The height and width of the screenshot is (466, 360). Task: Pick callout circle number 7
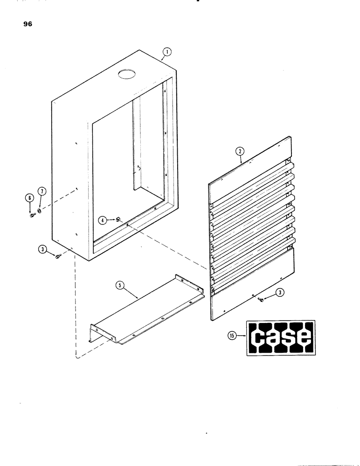click(x=42, y=192)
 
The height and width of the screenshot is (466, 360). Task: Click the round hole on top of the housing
click(x=125, y=73)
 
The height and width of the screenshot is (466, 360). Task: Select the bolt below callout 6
click(x=31, y=215)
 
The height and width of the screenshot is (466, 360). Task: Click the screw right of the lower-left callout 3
click(x=58, y=255)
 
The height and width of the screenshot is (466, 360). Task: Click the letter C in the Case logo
click(x=259, y=339)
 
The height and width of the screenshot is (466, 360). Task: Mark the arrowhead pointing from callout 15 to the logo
click(x=247, y=334)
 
